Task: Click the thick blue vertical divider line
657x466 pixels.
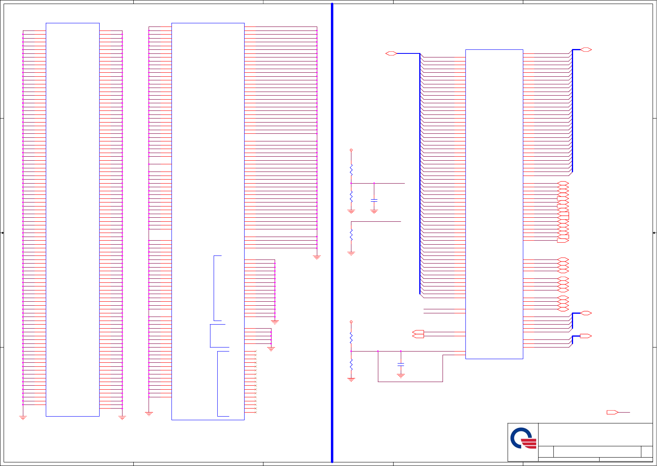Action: [332, 233]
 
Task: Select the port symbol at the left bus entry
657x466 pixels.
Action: [391, 53]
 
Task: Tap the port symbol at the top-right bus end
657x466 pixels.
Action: [586, 49]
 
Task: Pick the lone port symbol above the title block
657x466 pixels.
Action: [612, 412]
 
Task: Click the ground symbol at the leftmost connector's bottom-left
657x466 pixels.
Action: [23, 418]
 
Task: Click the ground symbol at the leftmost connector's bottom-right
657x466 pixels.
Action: [122, 418]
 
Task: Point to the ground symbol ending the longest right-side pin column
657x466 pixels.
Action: [317, 258]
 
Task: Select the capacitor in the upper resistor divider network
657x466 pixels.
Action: [374, 200]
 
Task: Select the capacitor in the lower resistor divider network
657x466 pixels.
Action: [401, 364]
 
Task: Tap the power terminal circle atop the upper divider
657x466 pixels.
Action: [351, 150]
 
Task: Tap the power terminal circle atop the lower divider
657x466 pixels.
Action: [351, 322]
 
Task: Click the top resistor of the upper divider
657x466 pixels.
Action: [351, 170]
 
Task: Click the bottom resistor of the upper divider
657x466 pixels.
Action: [351, 196]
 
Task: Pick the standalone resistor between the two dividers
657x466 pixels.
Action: [351, 235]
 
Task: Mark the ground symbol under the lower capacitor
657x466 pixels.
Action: [401, 376]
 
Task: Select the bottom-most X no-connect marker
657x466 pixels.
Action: [255, 412]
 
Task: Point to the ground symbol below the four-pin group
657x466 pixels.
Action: [271, 349]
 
